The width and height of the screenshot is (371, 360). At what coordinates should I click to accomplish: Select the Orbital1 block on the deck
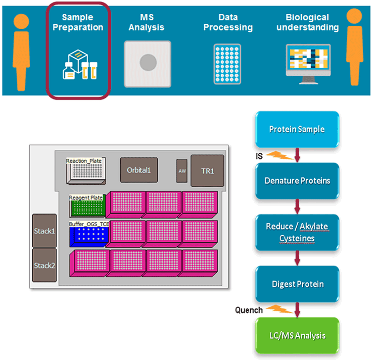pyautogui.click(x=139, y=170)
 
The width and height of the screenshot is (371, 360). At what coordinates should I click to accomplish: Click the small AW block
pyautogui.click(x=182, y=171)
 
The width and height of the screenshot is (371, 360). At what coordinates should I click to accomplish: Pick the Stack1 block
pyautogui.click(x=44, y=230)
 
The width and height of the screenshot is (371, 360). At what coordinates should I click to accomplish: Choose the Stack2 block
pyautogui.click(x=44, y=265)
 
